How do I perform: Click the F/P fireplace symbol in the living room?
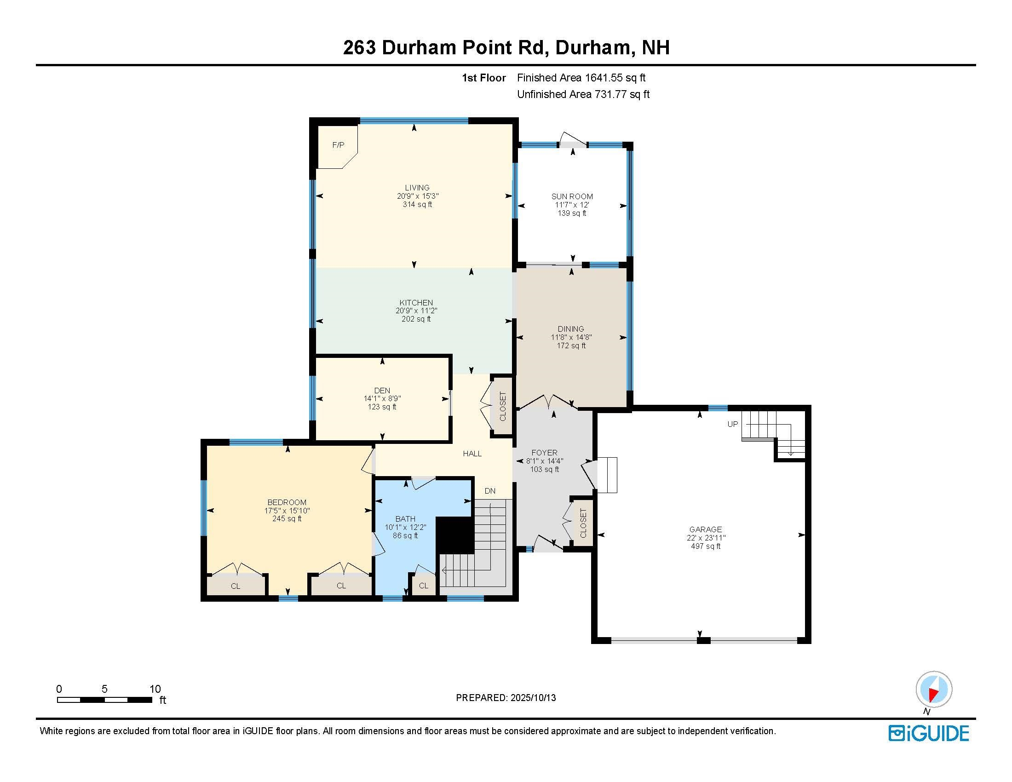[x=338, y=145]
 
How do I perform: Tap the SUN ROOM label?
[x=572, y=196]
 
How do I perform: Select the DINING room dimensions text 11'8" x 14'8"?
[x=571, y=338]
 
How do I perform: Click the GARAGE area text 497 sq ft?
[x=705, y=546]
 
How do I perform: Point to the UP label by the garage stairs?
[x=732, y=424]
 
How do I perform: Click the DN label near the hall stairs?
[x=490, y=491]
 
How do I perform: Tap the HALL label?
[x=472, y=454]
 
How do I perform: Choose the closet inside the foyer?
[x=583, y=523]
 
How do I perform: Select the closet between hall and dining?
[x=503, y=407]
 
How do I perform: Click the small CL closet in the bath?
[x=424, y=586]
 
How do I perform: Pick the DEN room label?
[x=382, y=391]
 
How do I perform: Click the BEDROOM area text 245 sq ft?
[x=287, y=519]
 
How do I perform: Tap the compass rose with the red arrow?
[x=934, y=690]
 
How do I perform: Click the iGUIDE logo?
[x=929, y=733]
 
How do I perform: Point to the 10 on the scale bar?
[x=155, y=689]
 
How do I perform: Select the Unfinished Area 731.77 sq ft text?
[x=583, y=94]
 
